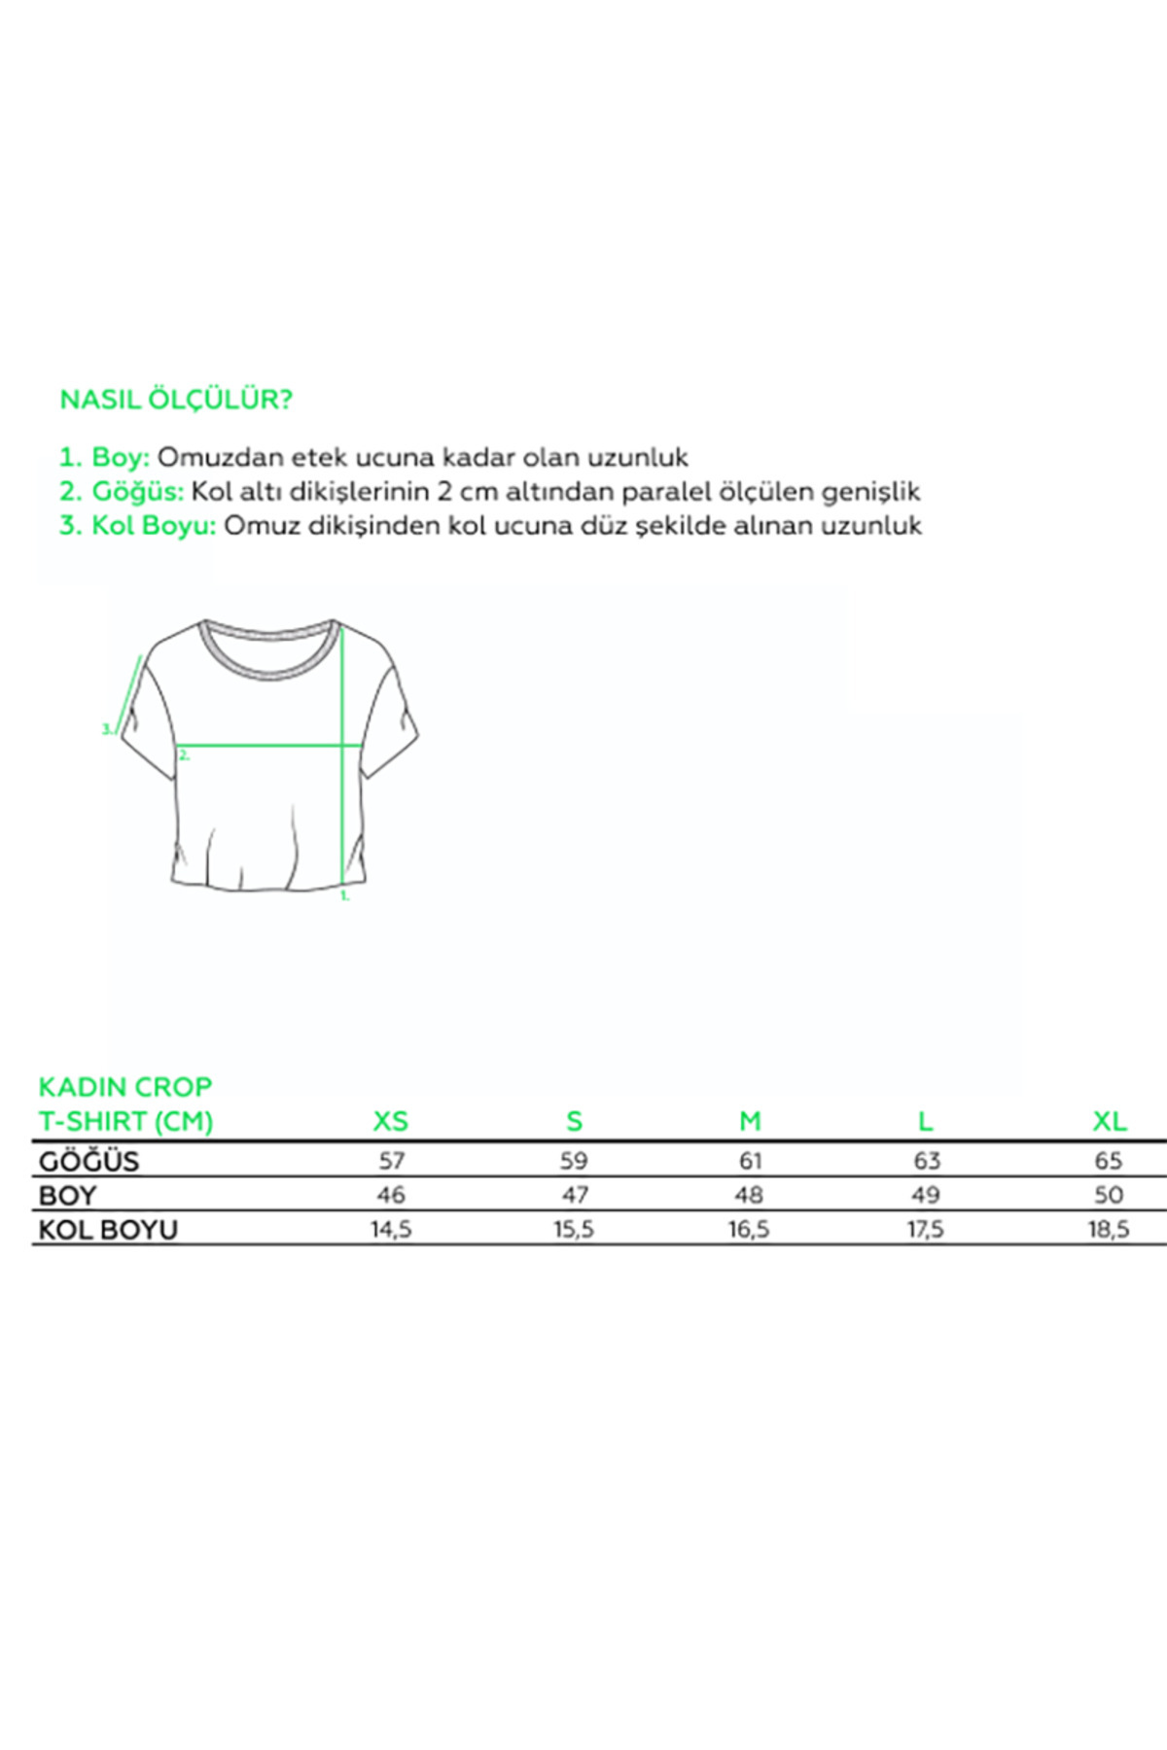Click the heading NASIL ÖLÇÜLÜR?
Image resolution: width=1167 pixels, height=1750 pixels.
(176, 400)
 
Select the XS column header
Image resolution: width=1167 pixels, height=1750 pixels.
(391, 1121)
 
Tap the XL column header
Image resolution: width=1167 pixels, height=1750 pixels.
(1109, 1121)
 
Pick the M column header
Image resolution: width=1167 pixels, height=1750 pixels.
(750, 1121)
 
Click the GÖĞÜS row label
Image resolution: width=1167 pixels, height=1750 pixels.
(89, 1161)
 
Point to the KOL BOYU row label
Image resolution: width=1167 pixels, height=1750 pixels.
(108, 1230)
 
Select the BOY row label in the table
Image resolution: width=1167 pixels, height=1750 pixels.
(67, 1195)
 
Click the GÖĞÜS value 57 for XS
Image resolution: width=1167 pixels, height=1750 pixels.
(391, 1161)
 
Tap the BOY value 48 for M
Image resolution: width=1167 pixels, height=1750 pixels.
(750, 1195)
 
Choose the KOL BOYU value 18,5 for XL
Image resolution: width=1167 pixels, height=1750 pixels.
(1109, 1230)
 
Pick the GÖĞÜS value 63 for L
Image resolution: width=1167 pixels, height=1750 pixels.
(926, 1161)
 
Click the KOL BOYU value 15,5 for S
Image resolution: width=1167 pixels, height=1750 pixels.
(574, 1230)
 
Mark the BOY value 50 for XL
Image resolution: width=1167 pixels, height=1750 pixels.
(1109, 1195)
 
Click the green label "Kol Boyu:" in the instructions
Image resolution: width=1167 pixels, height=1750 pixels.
(153, 526)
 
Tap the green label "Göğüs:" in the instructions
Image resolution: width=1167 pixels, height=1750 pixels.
(137, 492)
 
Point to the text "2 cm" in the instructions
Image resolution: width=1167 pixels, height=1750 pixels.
(467, 492)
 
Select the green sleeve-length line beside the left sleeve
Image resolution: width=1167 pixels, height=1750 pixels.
(129, 694)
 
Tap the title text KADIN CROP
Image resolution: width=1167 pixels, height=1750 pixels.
(124, 1087)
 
